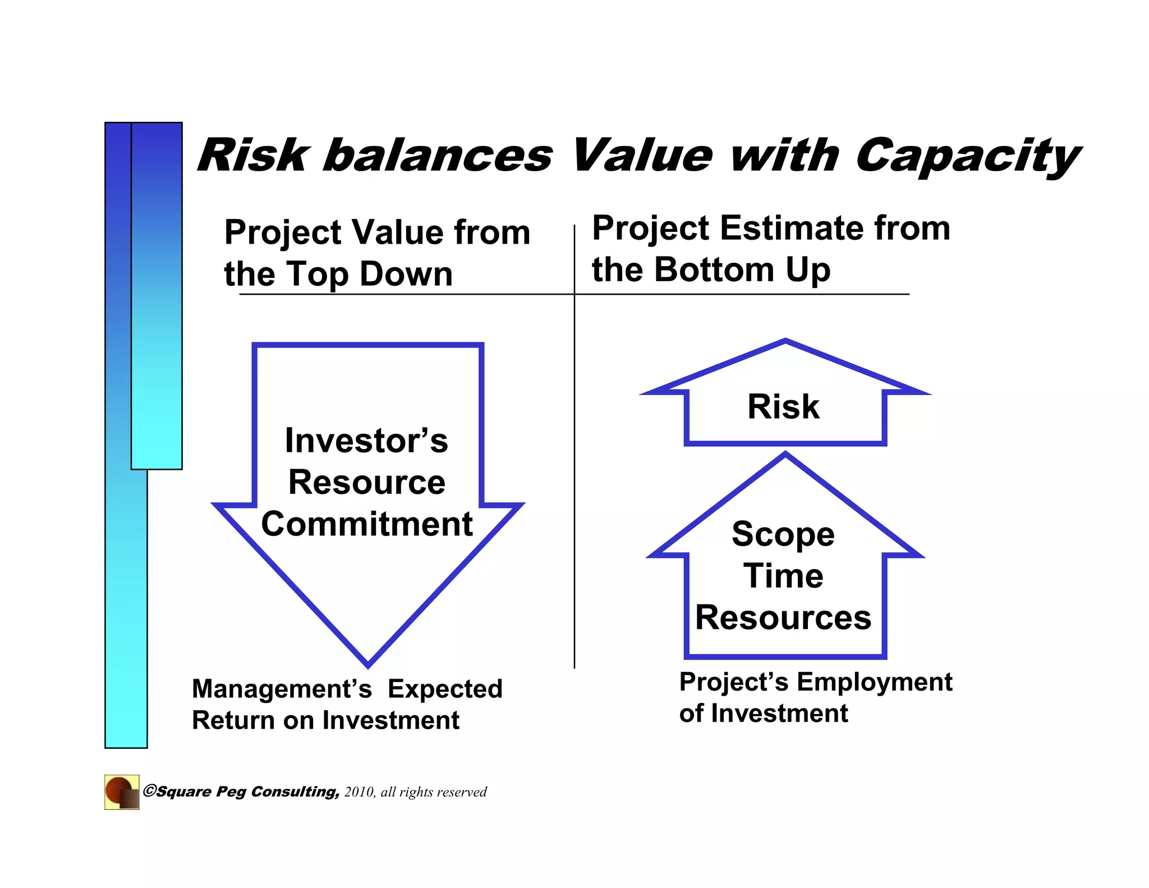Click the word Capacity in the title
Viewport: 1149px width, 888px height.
click(x=966, y=156)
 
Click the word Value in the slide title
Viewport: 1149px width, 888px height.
click(x=642, y=156)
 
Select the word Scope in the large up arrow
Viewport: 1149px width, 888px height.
click(x=783, y=534)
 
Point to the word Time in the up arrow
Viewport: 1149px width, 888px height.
click(x=784, y=576)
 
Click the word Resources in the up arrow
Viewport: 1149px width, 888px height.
click(x=783, y=617)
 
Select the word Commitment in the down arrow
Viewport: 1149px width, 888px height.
click(x=367, y=524)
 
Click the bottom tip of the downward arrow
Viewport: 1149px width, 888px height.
click(x=368, y=664)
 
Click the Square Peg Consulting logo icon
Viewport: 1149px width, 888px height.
click(x=122, y=792)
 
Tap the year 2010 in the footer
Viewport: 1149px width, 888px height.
click(x=359, y=792)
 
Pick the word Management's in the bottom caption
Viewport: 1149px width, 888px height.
click(x=282, y=689)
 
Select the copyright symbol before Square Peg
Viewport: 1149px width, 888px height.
click(x=149, y=791)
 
